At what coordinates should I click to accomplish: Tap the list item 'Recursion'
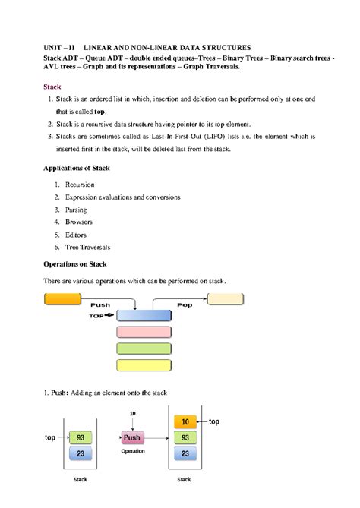click(x=80, y=185)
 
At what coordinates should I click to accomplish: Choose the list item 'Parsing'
click(x=76, y=210)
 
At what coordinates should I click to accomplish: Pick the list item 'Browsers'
click(x=79, y=222)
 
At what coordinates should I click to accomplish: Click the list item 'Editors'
click(x=77, y=235)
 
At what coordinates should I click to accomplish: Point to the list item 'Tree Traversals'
click(x=87, y=247)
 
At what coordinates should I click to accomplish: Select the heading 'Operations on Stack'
click(x=74, y=264)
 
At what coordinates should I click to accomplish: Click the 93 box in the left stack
click(x=81, y=437)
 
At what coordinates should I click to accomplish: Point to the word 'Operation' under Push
click(x=133, y=451)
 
